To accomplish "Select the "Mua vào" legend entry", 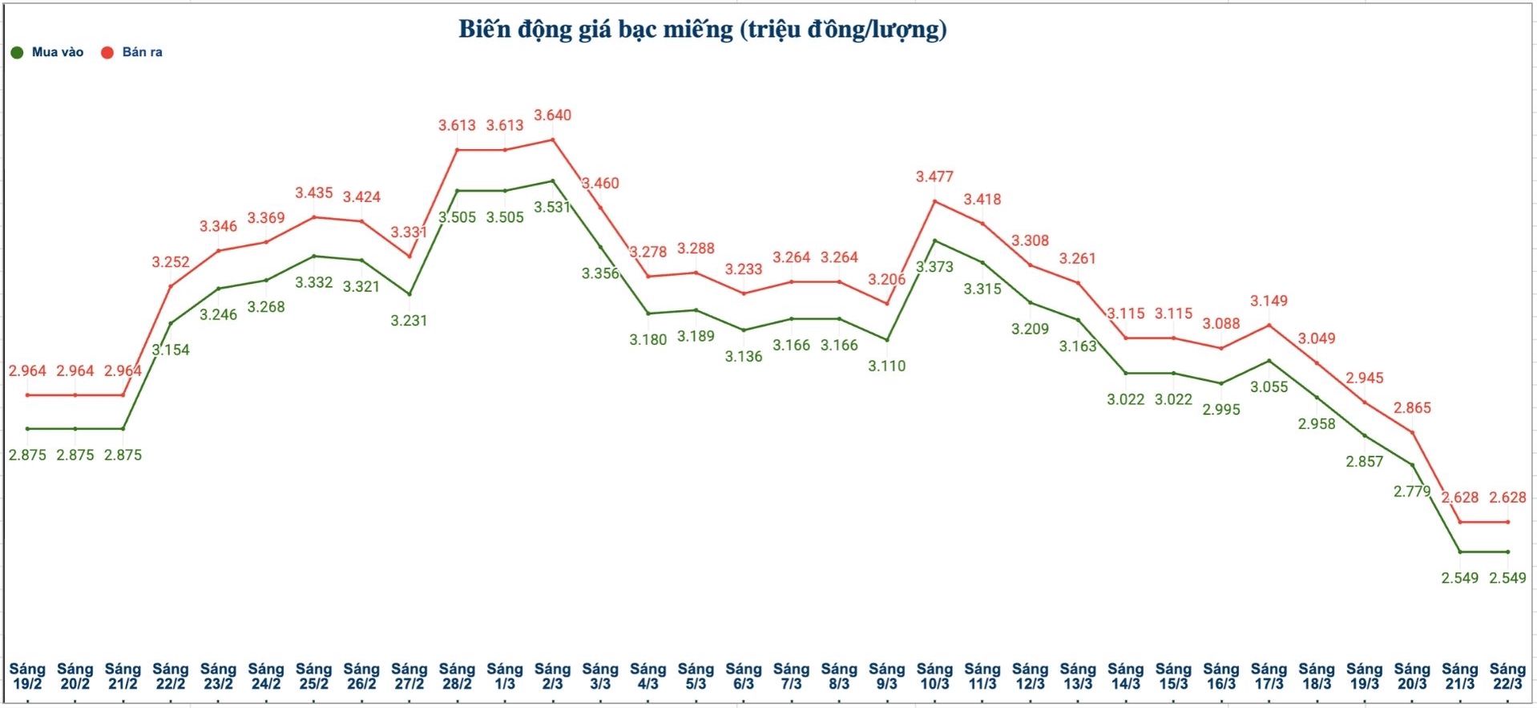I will [x=47, y=52].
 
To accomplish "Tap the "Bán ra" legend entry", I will [x=132, y=52].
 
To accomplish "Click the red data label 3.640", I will [x=553, y=115].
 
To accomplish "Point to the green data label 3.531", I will [x=552, y=207].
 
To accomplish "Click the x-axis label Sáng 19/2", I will [x=27, y=676].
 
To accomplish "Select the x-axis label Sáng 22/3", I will [x=1507, y=676].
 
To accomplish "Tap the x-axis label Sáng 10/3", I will [x=934, y=676].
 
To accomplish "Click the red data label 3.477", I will [x=934, y=176].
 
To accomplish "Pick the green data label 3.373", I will [x=934, y=267].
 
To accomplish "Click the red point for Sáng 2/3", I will [x=553, y=140].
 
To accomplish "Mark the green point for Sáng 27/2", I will [x=409, y=294].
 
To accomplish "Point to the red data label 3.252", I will [x=171, y=262].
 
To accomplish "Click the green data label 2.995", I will [x=1221, y=410].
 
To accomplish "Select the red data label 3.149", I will [x=1269, y=301].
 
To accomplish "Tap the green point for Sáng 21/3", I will [x=1460, y=552].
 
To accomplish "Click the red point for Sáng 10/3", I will [x=934, y=200].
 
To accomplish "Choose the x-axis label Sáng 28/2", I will [x=457, y=676].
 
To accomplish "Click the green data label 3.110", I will [x=887, y=366].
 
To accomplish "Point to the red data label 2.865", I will [x=1412, y=408].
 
